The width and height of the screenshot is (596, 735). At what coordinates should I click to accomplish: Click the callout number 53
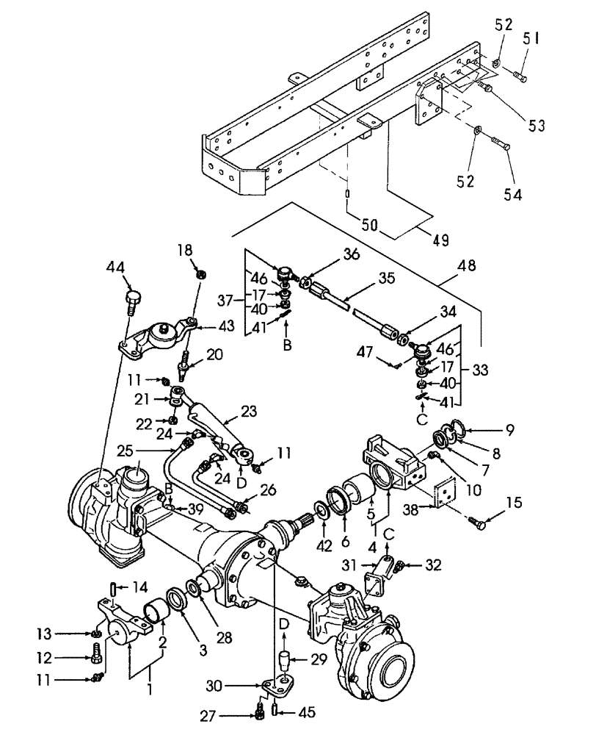point(537,124)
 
